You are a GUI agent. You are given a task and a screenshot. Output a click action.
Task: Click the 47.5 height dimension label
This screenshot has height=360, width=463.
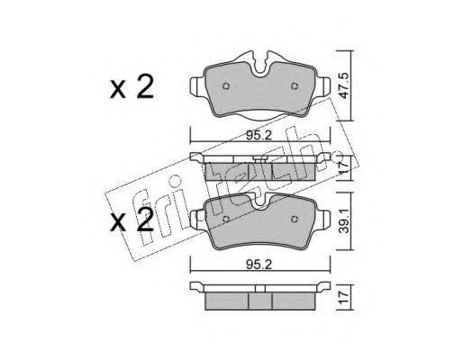(x=342, y=85)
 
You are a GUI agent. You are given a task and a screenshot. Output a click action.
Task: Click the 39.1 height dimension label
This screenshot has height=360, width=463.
(x=342, y=221)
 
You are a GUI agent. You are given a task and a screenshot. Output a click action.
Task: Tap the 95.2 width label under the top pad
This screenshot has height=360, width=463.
(x=259, y=136)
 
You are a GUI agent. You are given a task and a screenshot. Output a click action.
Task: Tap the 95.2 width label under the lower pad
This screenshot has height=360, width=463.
(x=259, y=265)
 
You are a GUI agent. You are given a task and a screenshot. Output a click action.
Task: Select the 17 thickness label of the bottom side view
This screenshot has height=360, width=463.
(x=343, y=297)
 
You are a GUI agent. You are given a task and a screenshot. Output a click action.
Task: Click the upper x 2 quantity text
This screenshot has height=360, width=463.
(x=132, y=86)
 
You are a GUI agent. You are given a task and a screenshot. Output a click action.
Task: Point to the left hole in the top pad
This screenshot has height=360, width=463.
(x=226, y=86)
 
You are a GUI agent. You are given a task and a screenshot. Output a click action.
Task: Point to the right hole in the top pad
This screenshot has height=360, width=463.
(x=295, y=86)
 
